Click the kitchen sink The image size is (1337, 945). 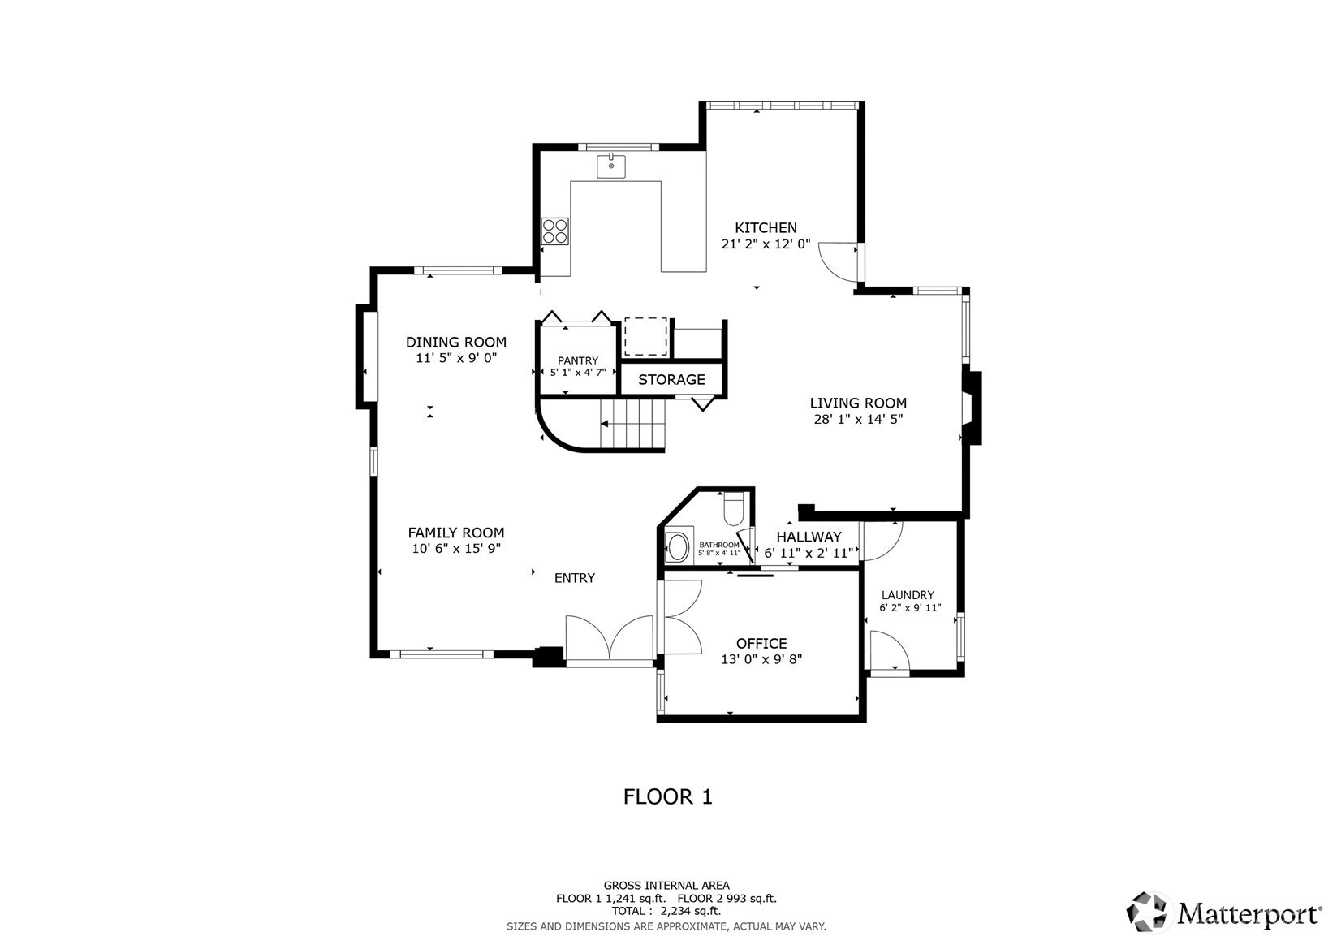coord(611,166)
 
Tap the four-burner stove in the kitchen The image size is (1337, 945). coord(555,231)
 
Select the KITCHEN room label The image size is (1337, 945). coord(766,227)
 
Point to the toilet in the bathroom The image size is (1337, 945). coord(733,508)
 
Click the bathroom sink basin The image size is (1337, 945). coord(678,547)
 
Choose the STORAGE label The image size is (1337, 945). coord(671,379)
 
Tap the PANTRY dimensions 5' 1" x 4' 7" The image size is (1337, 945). coord(578,372)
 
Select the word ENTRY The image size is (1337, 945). coord(575,578)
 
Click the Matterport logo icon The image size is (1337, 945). coord(1146,913)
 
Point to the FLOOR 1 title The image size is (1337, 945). coord(668,796)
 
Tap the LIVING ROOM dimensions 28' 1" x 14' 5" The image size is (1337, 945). coord(858,419)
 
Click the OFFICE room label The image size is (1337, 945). coord(761,643)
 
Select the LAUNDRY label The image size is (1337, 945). coord(908,594)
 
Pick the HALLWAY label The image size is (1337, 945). coord(809,537)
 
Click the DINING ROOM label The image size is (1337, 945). coord(456,342)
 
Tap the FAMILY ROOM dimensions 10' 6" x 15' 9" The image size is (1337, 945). coord(456,548)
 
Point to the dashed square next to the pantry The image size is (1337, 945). coord(646,337)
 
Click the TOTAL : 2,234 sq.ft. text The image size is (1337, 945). coord(666,911)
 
